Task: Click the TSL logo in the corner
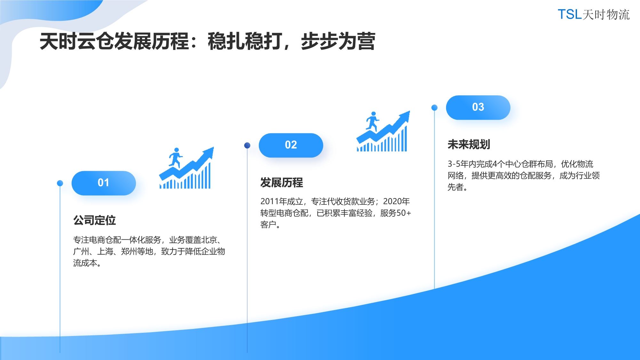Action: [x=594, y=14]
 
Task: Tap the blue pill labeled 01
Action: [x=104, y=183]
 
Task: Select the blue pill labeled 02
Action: [x=291, y=145]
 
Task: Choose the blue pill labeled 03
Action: [x=478, y=108]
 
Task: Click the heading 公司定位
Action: [x=94, y=220]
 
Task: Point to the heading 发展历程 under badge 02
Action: [x=282, y=182]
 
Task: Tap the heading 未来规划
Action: [x=469, y=144]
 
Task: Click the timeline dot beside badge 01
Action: [x=60, y=183]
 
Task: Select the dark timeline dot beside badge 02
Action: [x=247, y=145]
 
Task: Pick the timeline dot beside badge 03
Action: [x=434, y=108]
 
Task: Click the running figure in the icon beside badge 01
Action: [x=175, y=158]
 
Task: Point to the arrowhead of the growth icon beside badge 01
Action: [x=208, y=152]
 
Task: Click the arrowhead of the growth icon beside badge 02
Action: [x=405, y=116]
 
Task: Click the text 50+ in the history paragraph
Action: [x=404, y=213]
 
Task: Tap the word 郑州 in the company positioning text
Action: [x=129, y=251]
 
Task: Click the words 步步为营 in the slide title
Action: [x=338, y=41]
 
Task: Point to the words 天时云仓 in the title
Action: [x=77, y=41]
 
